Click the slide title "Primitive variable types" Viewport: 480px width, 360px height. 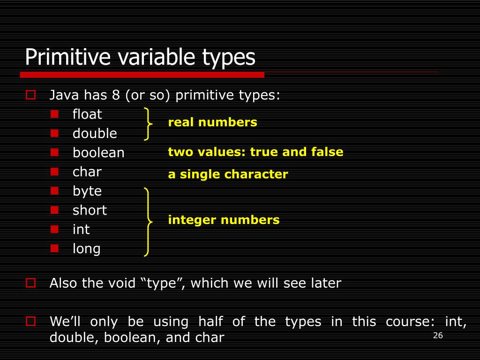pos(140,57)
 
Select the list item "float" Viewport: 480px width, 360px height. pos(87,114)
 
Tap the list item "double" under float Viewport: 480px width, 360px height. pos(95,134)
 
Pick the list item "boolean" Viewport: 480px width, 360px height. pos(98,153)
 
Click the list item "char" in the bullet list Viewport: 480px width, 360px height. pos(87,172)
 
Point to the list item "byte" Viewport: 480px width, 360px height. pos(87,191)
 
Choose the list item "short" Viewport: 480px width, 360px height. pos(90,210)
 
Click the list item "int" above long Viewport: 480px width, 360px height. pos(81,230)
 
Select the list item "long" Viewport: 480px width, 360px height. pos(87,249)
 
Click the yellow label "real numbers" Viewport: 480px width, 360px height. pos(212,123)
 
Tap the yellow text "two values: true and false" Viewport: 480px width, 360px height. pos(255,152)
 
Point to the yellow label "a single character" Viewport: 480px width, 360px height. pos(228,175)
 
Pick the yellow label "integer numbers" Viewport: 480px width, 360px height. pos(224,220)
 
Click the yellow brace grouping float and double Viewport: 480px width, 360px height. pos(148,124)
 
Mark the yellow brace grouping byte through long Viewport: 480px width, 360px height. pos(148,222)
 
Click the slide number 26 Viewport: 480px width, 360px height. pos(438,335)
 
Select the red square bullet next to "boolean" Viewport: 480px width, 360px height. pos(54,152)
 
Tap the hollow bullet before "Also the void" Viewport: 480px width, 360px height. pos(31,283)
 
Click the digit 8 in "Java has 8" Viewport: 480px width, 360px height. pos(116,96)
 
